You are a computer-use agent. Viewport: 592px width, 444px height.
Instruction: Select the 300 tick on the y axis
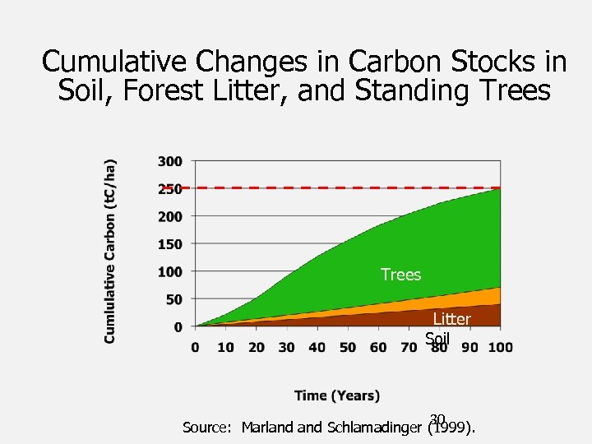[171, 161]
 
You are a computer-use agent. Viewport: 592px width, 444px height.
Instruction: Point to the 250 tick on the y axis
[171, 189]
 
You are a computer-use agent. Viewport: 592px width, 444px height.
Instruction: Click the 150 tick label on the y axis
[171, 244]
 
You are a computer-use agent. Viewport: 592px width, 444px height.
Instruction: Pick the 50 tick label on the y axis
[174, 299]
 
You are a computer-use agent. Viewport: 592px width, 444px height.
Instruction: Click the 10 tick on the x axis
[225, 347]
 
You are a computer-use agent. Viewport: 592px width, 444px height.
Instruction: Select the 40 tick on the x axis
[317, 347]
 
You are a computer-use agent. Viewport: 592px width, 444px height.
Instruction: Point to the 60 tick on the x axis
[378, 347]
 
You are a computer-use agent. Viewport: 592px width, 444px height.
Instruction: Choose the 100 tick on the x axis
[500, 347]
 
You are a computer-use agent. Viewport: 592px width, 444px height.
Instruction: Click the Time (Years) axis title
[337, 395]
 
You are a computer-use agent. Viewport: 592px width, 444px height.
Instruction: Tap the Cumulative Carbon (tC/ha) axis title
[110, 251]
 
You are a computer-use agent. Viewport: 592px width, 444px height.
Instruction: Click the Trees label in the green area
[400, 275]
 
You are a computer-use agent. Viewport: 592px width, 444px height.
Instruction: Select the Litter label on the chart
[451, 319]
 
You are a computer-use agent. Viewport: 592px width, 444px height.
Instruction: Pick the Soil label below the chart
[437, 338]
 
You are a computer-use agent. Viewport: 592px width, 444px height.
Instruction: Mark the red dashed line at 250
[345, 188]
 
